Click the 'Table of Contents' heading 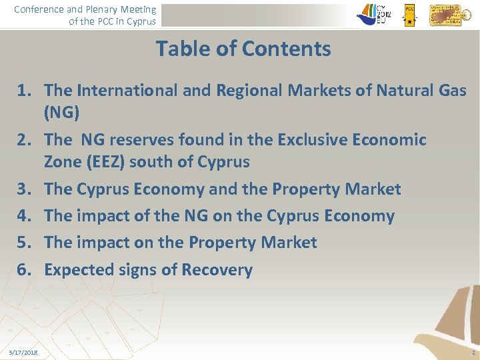[243, 49]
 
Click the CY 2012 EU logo [375, 13]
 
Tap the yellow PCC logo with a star [409, 15]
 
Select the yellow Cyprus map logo [445, 15]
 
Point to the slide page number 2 [472, 352]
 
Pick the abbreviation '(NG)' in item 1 [61, 113]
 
